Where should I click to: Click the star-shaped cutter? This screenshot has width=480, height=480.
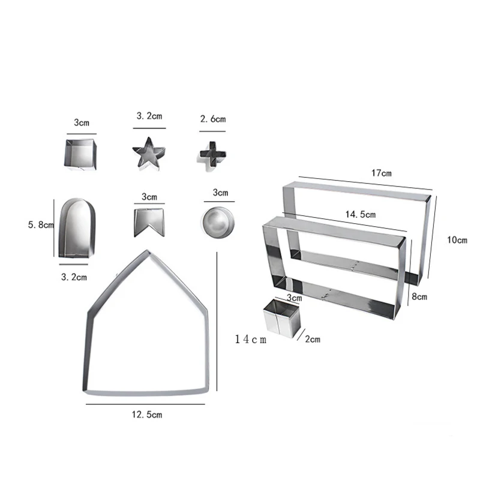(149, 154)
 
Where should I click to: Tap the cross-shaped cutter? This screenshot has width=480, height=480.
(213, 154)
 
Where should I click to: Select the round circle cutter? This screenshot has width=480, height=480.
(218, 222)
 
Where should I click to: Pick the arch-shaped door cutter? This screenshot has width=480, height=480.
(77, 227)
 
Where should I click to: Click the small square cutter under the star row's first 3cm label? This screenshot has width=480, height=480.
(81, 155)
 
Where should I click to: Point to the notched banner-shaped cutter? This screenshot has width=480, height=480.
(149, 222)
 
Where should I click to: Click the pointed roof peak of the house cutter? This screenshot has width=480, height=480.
(148, 252)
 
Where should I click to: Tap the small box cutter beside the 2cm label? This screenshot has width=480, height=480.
(281, 319)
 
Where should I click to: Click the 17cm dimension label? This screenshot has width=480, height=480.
(381, 173)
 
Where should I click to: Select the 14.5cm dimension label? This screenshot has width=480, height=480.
(361, 214)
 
